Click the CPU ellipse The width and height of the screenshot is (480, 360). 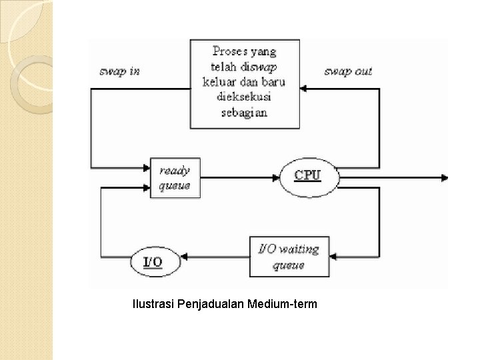coord(308,176)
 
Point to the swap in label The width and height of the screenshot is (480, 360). coord(120,71)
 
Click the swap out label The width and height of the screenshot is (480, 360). coord(347,71)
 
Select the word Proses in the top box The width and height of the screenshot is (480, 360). coord(229,51)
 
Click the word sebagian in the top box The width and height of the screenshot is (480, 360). coord(244,113)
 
